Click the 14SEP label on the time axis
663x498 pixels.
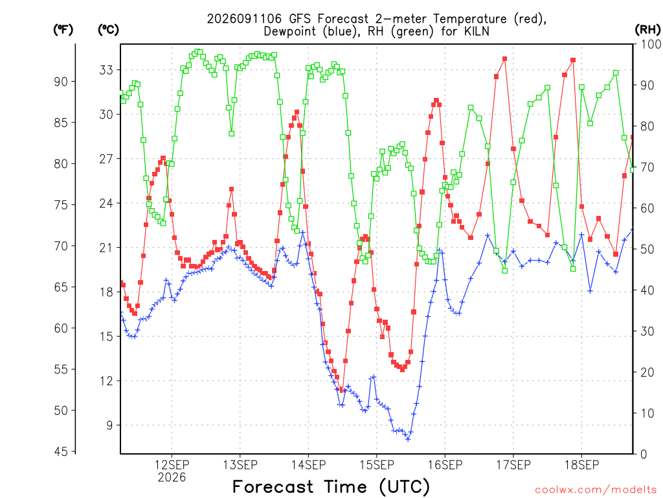point(308,465)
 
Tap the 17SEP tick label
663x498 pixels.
point(513,465)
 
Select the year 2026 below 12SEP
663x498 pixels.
point(172,478)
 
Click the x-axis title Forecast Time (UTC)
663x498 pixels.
point(331,487)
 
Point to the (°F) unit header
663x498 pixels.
point(63,30)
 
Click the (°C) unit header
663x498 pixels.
point(108,30)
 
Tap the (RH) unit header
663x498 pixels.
point(647,30)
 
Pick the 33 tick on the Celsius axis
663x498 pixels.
point(106,70)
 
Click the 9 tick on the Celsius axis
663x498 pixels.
point(110,425)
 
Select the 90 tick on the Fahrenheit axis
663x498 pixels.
point(61,81)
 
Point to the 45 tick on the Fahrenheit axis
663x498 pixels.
point(61,451)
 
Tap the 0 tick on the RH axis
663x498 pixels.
point(644,454)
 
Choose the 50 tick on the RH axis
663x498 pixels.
point(647,249)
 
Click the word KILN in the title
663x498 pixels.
point(476,31)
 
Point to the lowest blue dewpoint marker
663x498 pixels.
point(408,439)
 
